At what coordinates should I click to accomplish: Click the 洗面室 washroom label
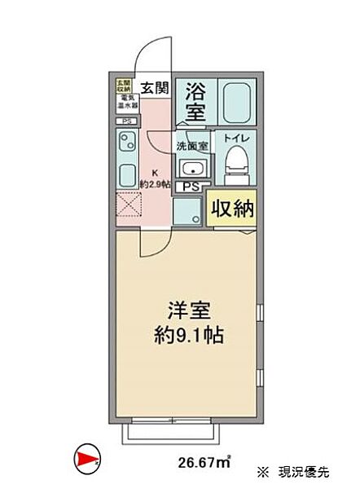(192, 147)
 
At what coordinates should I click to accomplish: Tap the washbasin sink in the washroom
(193, 170)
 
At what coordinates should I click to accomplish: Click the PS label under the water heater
(125, 122)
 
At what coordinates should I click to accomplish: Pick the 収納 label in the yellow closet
(233, 209)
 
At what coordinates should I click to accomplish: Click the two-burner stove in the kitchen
(126, 148)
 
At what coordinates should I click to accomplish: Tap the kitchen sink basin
(127, 176)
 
